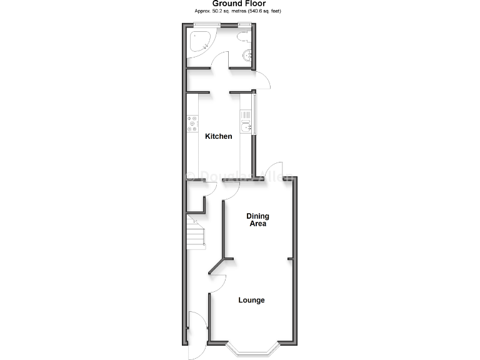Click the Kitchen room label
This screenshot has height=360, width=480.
219,136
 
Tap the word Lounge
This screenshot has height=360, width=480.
251,300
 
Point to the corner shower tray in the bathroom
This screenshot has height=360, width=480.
198,41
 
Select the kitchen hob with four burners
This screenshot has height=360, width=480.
192,124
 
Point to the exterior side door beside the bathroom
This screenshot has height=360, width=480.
263,80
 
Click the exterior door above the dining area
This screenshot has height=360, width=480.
273,169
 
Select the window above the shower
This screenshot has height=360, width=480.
206,25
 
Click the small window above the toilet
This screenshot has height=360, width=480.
244,25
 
